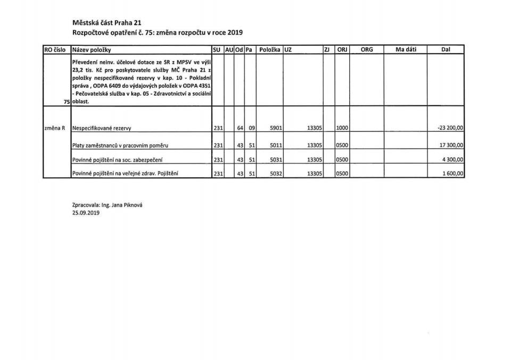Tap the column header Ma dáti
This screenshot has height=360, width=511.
click(406, 50)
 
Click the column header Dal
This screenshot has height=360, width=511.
click(446, 50)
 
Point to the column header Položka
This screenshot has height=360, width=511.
click(270, 50)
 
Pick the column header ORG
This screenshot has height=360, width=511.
click(367, 50)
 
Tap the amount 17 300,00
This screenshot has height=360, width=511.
click(450, 145)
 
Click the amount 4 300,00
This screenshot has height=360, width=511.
click(452, 159)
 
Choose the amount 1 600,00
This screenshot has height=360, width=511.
click(452, 173)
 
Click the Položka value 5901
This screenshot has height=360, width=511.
click(276, 128)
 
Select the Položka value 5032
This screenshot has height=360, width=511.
click(276, 173)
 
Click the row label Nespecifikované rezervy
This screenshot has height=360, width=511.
click(102, 128)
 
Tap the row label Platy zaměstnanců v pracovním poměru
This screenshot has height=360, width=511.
click(120, 145)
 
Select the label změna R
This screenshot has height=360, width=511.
click(54, 128)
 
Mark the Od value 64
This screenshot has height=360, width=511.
click(240, 128)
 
